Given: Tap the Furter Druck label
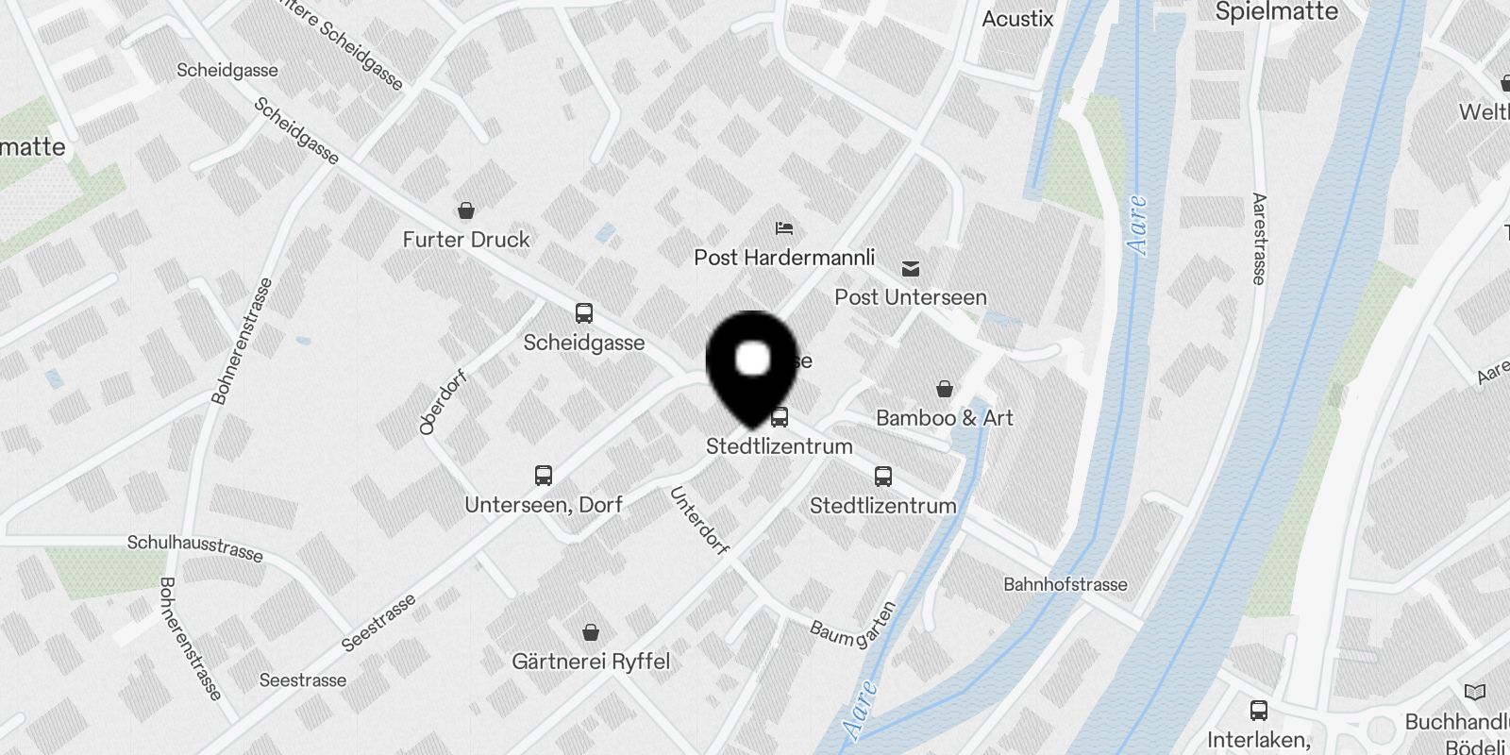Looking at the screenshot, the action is (466, 240).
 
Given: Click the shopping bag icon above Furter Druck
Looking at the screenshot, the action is (465, 210).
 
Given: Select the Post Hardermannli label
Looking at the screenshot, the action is (784, 258).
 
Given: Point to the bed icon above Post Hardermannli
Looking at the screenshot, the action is (784, 227).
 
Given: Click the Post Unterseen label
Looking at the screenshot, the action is (911, 297).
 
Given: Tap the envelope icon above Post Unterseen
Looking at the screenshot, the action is (911, 269).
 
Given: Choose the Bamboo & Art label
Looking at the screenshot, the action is (944, 418).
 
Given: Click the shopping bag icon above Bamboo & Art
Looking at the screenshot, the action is (944, 389).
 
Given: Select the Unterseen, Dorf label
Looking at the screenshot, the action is (544, 505).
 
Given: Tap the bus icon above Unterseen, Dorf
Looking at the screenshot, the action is (544, 475).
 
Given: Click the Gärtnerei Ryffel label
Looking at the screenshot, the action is (591, 662).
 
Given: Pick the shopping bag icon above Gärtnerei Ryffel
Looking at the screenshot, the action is (591, 631).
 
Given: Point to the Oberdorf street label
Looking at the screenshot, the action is (443, 403).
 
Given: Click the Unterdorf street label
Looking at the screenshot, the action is (699, 520).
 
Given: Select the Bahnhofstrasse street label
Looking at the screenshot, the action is (1065, 585).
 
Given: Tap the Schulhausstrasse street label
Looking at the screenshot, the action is (195, 547).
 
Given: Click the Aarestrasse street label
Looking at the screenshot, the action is (1259, 239).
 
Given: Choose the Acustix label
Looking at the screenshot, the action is (1017, 19).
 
